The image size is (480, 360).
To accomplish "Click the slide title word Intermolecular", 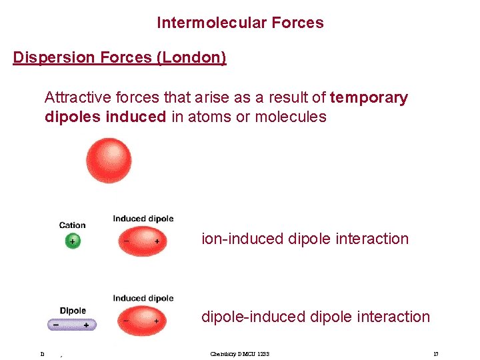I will pyautogui.click(x=205, y=23).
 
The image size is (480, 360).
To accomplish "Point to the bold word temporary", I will pyautogui.click(x=369, y=97).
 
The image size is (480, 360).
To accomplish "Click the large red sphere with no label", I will pyautogui.click(x=109, y=160).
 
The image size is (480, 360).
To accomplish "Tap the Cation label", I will pyautogui.click(x=72, y=225).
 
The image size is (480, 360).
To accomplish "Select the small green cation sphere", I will pyautogui.click(x=72, y=241).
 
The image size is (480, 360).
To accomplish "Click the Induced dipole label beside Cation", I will pyautogui.click(x=143, y=219).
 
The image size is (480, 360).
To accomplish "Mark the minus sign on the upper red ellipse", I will pyautogui.click(x=126, y=241).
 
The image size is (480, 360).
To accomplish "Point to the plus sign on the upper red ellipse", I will pyautogui.click(x=157, y=241).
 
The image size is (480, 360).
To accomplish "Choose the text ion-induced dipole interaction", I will pyautogui.click(x=305, y=239).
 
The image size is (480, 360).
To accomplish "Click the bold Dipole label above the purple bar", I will pyautogui.click(x=73, y=311).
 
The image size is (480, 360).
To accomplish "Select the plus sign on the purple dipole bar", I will pyautogui.click(x=86, y=325).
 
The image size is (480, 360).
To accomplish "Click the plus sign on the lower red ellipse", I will pyautogui.click(x=157, y=321).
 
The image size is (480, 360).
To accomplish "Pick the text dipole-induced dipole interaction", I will pyautogui.click(x=315, y=317).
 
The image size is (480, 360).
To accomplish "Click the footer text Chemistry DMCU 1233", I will pyautogui.click(x=239, y=353).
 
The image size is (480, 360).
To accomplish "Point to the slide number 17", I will pyautogui.click(x=435, y=353).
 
